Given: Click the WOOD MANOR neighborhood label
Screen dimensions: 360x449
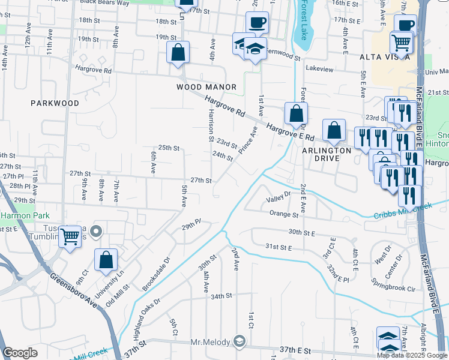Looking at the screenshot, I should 206,87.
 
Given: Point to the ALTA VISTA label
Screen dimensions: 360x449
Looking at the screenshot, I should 385,57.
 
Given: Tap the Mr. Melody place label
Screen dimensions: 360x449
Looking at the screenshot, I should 210,342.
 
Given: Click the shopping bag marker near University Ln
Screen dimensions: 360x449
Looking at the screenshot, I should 106,260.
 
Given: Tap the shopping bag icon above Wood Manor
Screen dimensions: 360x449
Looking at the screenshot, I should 178,52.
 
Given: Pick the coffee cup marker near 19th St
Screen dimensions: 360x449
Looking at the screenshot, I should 257,23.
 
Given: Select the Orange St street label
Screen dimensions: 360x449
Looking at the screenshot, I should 284,214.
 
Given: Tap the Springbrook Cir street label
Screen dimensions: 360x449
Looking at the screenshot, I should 394,289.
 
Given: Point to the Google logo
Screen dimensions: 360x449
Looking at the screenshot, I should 20,353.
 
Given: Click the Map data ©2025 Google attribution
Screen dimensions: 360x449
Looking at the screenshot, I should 411,355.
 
